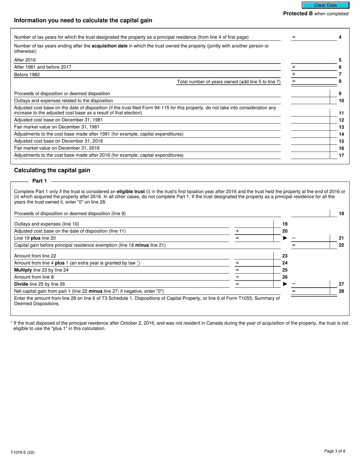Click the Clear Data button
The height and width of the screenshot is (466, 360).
click(x=325, y=5)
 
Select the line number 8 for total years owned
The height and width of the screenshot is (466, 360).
click(x=340, y=81)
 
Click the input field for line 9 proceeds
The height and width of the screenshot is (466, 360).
click(x=310, y=94)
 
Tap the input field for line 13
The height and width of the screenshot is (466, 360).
click(x=310, y=127)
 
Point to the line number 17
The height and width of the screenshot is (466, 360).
click(x=341, y=155)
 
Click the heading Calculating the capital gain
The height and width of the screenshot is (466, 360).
click(x=52, y=170)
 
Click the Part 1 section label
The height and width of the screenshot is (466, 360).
click(x=40, y=181)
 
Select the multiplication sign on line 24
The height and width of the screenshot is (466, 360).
click(x=237, y=263)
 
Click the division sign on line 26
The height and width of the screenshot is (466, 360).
click(x=237, y=277)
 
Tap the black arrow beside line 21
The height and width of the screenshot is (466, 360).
click(x=285, y=238)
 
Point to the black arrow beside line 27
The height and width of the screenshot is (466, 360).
click(x=285, y=284)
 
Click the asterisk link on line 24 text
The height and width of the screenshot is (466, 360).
click(x=138, y=263)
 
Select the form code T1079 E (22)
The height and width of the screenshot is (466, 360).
click(x=22, y=452)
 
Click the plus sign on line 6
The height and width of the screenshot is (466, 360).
click(x=294, y=67)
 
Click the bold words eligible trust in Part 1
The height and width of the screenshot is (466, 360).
click(x=131, y=192)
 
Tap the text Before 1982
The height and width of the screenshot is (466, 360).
click(x=27, y=75)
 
